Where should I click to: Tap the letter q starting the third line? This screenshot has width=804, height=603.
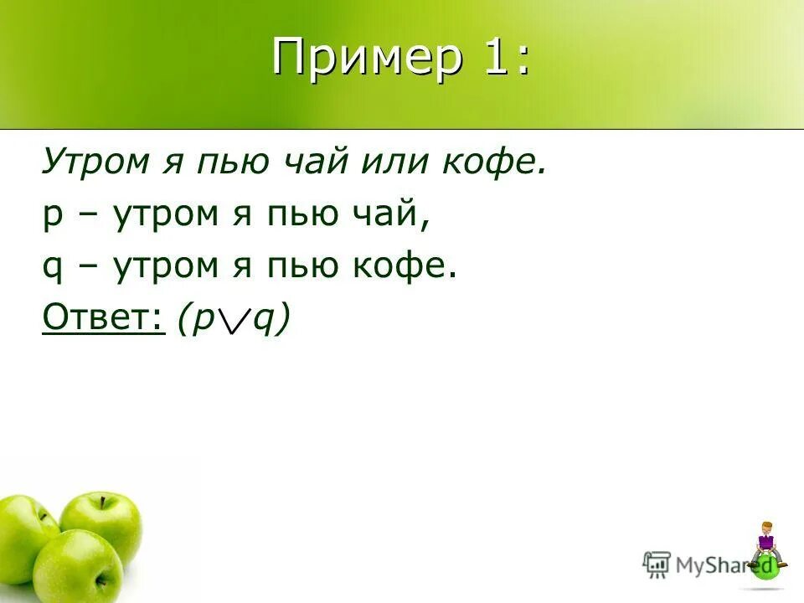(x=52, y=270)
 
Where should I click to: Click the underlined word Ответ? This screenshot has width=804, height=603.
(x=102, y=319)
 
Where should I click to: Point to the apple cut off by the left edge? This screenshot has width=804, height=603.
(x=21, y=536)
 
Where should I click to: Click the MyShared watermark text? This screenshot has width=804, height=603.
(x=712, y=564)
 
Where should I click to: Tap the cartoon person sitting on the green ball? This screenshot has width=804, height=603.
(x=765, y=544)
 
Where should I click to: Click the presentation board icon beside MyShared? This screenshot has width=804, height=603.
(x=657, y=564)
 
